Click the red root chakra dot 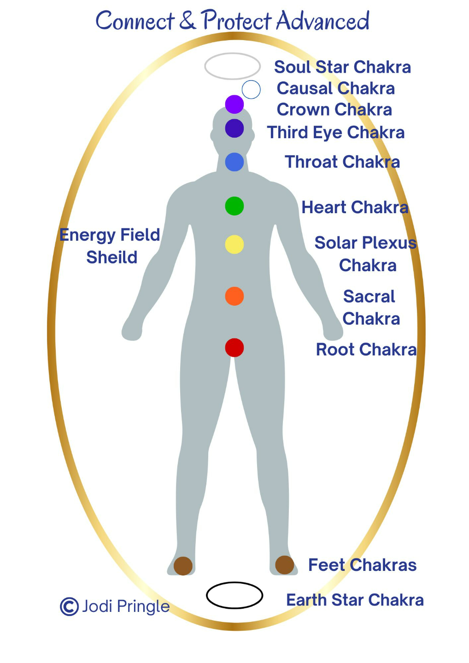click(x=234, y=348)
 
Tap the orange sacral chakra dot click(x=234, y=296)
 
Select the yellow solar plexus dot click(x=234, y=244)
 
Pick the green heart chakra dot click(x=234, y=206)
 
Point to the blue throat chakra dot click(x=234, y=162)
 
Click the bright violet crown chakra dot click(x=234, y=104)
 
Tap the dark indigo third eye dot click(x=234, y=128)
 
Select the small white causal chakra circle click(x=251, y=89)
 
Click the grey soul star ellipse click(x=233, y=66)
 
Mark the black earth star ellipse click(x=234, y=595)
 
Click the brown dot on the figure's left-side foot click(x=183, y=566)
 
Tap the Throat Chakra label click(x=342, y=162)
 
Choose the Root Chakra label click(x=366, y=349)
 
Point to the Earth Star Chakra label click(x=355, y=600)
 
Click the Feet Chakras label click(x=362, y=565)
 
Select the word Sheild click(x=112, y=257)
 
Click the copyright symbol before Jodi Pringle click(x=69, y=606)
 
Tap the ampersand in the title click(x=187, y=21)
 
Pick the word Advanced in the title click(x=323, y=21)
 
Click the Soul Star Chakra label click(x=342, y=67)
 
